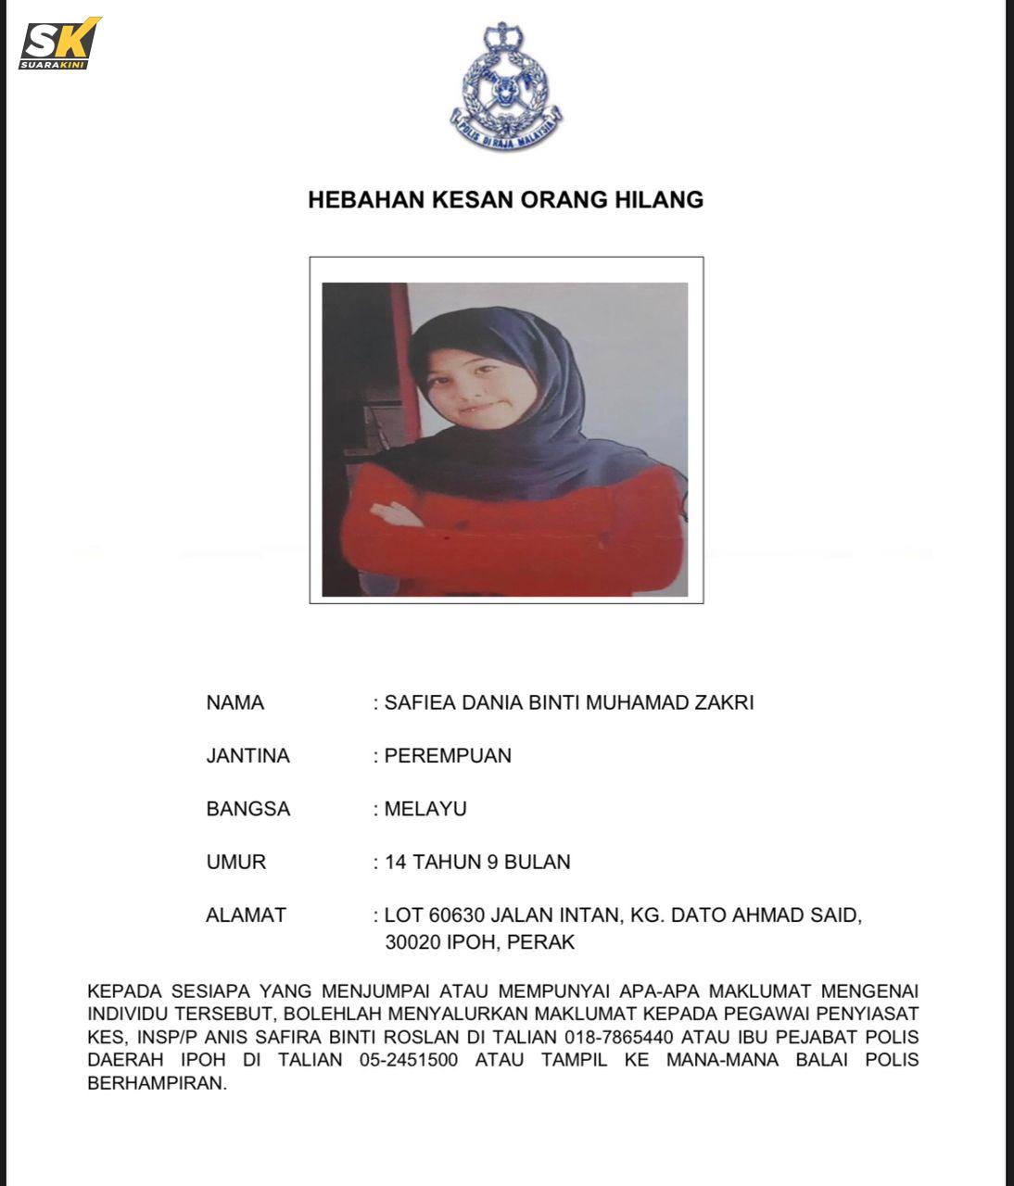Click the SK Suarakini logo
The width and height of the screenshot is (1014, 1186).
[58, 44]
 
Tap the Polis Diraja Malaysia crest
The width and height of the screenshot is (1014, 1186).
[506, 87]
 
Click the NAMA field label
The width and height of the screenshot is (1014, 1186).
[235, 702]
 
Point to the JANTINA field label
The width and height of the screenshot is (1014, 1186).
[247, 756]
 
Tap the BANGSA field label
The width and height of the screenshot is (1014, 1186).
[248, 809]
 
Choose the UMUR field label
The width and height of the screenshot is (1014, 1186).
[236, 862]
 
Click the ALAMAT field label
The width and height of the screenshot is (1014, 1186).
[246, 915]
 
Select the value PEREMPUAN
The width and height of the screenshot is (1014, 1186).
[448, 756]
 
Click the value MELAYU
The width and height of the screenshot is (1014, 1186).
[425, 809]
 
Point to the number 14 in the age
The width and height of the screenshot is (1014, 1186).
[396, 862]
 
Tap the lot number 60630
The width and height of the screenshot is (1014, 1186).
[457, 915]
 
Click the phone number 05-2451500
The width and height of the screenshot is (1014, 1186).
[409, 1060]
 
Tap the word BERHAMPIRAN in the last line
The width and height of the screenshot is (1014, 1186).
[157, 1083]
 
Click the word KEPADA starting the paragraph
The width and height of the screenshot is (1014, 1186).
[122, 991]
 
